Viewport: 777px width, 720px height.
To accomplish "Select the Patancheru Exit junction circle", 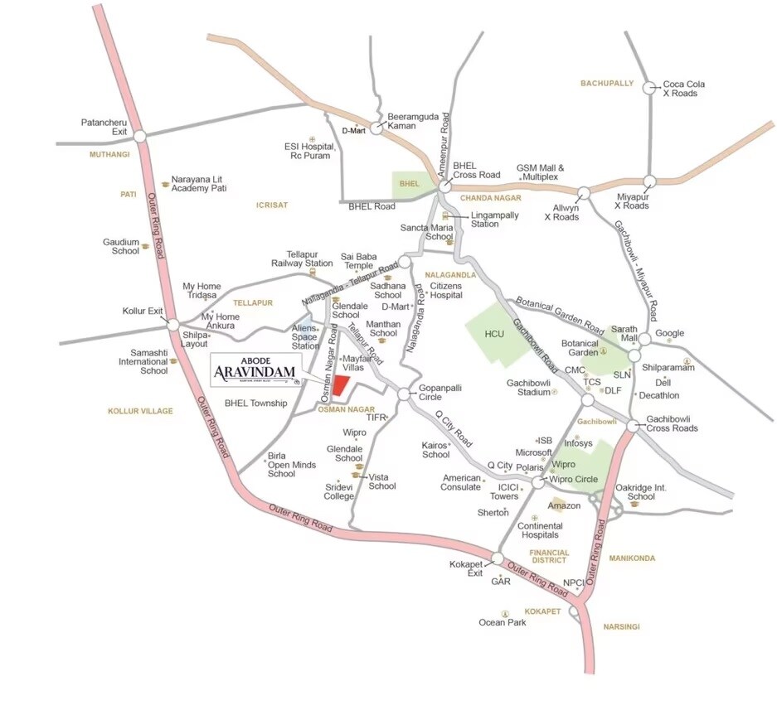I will click(x=140, y=135).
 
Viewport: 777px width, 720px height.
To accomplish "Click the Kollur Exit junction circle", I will click(x=172, y=325).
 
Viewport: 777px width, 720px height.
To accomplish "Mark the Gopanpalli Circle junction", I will click(x=403, y=395).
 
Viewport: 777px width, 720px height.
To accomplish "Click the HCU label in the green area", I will click(x=495, y=333).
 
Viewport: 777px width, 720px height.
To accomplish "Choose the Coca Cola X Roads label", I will click(x=680, y=89).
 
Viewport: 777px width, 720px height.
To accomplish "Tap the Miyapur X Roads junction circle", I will click(x=651, y=181).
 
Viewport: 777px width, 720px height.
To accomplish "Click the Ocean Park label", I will click(x=503, y=622).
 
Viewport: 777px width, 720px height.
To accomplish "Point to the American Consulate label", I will click(x=462, y=482).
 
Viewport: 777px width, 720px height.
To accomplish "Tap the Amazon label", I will click(x=564, y=505).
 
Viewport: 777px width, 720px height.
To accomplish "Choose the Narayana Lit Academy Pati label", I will click(x=199, y=183).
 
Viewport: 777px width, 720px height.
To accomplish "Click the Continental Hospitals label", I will click(x=538, y=530).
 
